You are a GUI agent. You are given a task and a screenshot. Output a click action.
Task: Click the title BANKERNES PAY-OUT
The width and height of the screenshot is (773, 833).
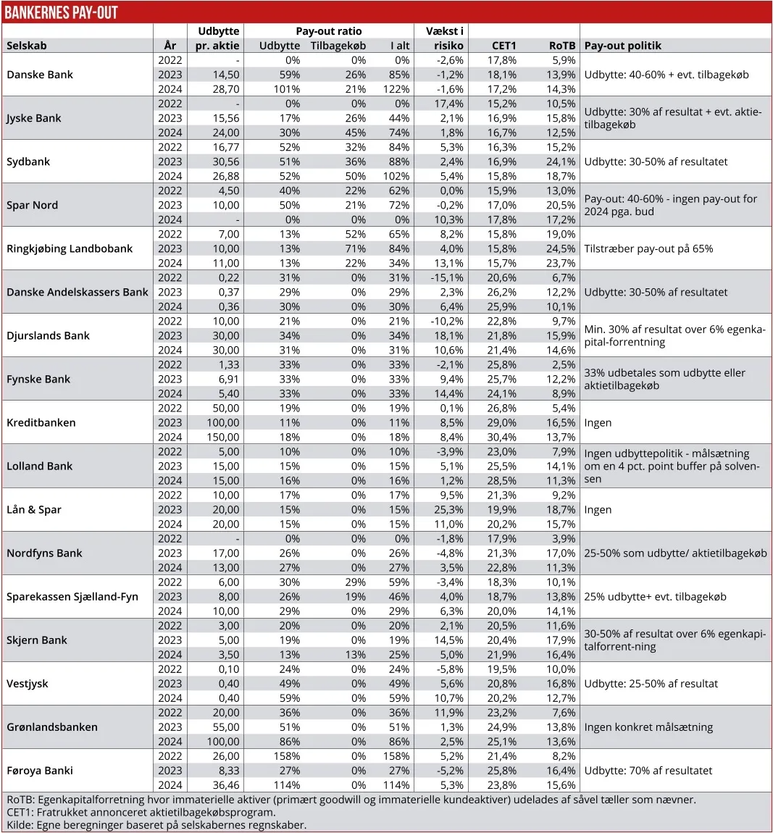pos(61,12)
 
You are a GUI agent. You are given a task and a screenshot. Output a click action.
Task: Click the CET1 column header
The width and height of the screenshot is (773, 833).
pos(504,46)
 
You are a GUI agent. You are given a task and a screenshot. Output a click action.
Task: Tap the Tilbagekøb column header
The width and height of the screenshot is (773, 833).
pos(338,46)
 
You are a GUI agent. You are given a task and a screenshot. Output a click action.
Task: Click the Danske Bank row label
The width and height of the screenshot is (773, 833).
pos(40,75)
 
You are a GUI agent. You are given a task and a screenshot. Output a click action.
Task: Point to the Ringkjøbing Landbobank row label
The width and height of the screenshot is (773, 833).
pos(70,248)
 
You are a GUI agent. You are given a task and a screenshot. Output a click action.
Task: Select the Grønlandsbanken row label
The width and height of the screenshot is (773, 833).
pos(52,727)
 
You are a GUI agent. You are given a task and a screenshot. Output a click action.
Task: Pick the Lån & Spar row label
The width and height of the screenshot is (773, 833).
pos(34,510)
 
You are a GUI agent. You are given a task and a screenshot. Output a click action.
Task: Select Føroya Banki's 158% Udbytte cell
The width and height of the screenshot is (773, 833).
pos(286,756)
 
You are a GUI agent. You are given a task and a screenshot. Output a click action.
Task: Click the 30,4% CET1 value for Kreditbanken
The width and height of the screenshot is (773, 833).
pos(503,438)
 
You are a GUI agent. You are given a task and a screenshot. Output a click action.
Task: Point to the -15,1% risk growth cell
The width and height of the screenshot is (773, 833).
pos(447,277)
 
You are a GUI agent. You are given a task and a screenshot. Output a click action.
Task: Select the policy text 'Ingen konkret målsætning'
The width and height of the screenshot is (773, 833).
pos(648,727)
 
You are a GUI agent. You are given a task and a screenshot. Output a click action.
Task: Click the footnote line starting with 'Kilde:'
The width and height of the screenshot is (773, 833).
pos(156,824)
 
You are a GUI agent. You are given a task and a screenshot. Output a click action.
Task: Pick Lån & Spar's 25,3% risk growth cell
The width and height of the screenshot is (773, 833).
pos(447,510)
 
